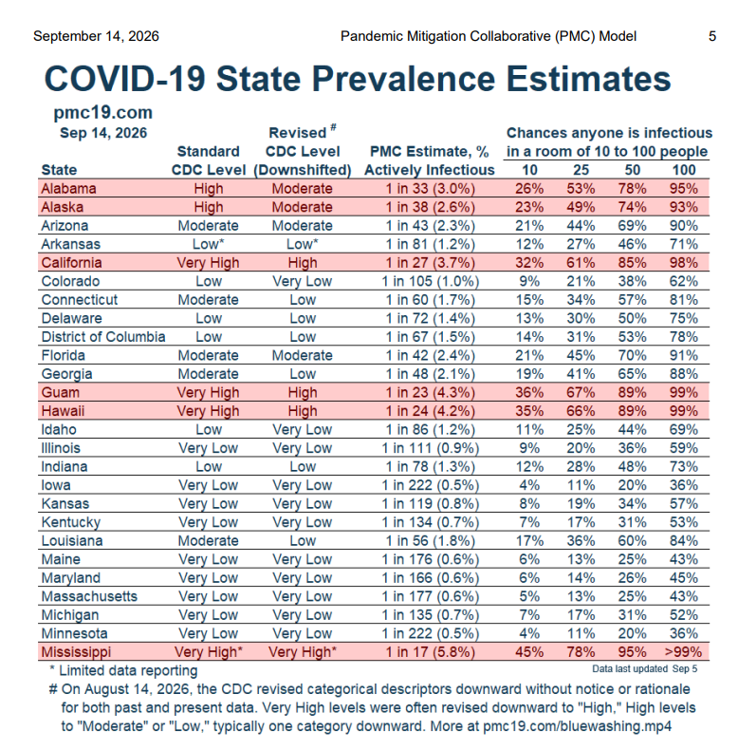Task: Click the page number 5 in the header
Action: click(x=711, y=36)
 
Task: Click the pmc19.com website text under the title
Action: click(x=102, y=112)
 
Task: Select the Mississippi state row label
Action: click(x=76, y=652)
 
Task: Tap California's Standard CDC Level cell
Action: click(x=208, y=263)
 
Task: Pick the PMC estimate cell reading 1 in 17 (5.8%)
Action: click(x=430, y=652)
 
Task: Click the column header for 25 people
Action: click(x=581, y=170)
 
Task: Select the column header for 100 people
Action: click(x=684, y=170)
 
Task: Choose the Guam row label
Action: click(x=60, y=392)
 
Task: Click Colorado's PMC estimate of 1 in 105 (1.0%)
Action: click(x=430, y=281)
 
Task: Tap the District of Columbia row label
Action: click(x=103, y=337)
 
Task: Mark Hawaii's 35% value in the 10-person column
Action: click(x=529, y=411)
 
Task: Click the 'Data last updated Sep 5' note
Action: click(x=644, y=668)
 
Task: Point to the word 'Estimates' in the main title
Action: click(x=588, y=79)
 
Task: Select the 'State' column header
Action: click(x=59, y=170)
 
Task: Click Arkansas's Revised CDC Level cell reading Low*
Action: click(x=303, y=244)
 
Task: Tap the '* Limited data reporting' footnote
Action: click(x=123, y=670)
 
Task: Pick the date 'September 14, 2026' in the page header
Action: click(x=96, y=36)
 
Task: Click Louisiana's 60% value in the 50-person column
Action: click(x=632, y=540)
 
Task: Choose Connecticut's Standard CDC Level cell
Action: click(x=208, y=300)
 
